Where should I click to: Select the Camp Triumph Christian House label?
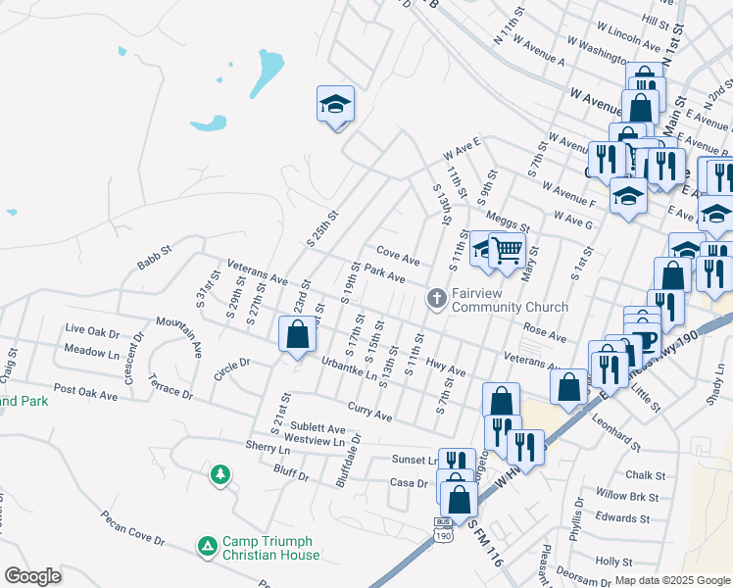pyautogui.click(x=270, y=548)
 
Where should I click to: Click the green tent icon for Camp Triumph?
pyautogui.click(x=207, y=545)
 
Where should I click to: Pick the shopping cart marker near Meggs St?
pyautogui.click(x=507, y=251)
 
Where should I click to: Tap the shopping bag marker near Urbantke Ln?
pyautogui.click(x=297, y=334)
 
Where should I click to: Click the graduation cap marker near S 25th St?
pyautogui.click(x=335, y=104)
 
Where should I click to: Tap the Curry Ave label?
pyautogui.click(x=369, y=410)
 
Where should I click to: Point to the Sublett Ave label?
pyautogui.click(x=315, y=428)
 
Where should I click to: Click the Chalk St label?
pyautogui.click(x=645, y=475)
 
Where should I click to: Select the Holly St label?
pyautogui.click(x=614, y=562)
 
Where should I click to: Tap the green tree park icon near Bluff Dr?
pyautogui.click(x=221, y=475)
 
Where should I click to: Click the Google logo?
pyautogui.click(x=32, y=576)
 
